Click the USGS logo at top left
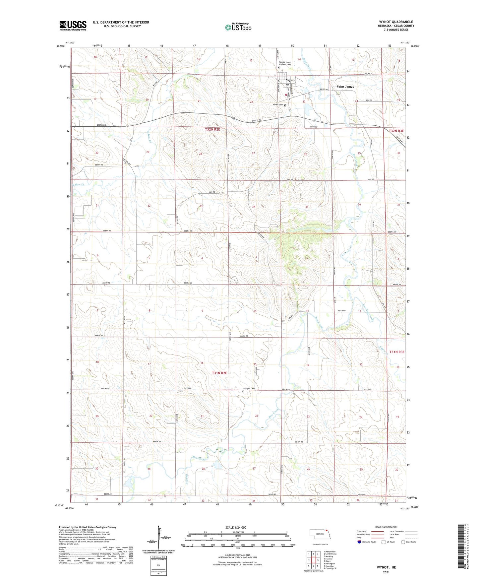[73, 26]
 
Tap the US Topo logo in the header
[238, 27]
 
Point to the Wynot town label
[291, 80]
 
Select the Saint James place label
[345, 87]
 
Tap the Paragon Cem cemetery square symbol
[243, 391]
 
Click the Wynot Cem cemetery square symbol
[285, 105]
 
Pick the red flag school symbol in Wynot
[286, 95]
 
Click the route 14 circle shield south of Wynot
[289, 109]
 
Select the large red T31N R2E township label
[219, 373]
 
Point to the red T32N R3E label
[397, 131]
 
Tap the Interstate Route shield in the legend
[359, 551]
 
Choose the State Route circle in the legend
[403, 551]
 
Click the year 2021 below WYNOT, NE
[386, 572]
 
